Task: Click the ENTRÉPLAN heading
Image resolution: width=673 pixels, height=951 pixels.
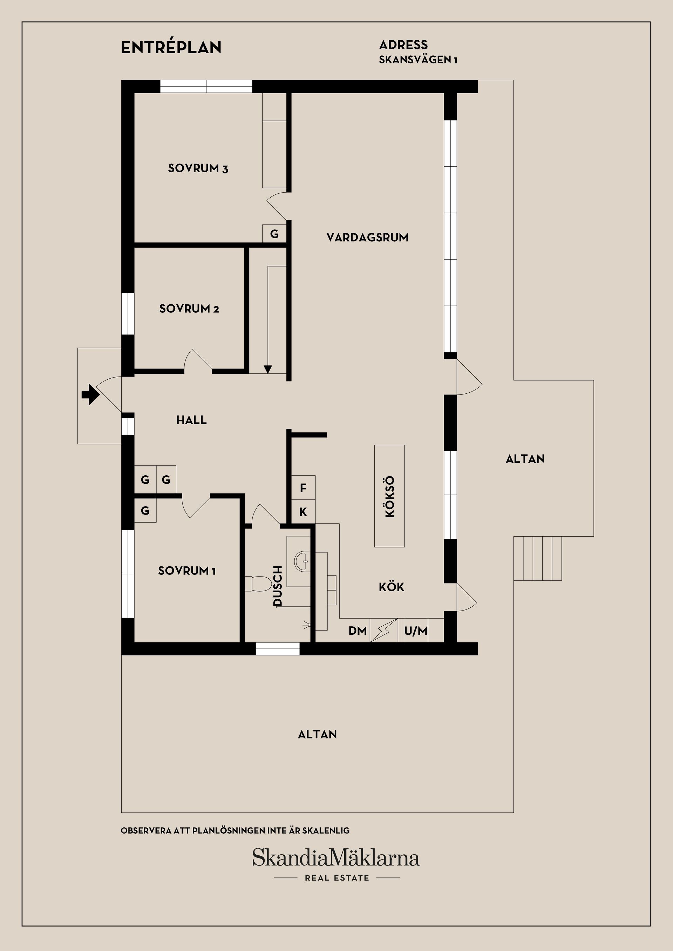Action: (x=171, y=47)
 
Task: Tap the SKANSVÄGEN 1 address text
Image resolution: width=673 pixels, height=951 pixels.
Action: (x=418, y=60)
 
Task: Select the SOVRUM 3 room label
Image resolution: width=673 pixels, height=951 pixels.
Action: (x=198, y=168)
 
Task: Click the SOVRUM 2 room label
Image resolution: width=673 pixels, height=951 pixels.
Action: (x=189, y=309)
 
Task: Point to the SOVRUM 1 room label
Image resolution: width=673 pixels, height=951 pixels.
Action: (x=187, y=571)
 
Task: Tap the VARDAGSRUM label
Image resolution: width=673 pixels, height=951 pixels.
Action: (x=367, y=237)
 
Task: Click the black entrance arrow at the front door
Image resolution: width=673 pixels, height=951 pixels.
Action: (x=90, y=395)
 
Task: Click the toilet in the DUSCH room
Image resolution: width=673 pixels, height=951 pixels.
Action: (x=254, y=584)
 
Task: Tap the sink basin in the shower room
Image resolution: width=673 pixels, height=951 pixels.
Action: (x=302, y=561)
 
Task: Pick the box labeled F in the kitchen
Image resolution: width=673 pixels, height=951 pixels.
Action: (x=303, y=488)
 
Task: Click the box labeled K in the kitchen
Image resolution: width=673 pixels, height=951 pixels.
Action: (x=303, y=512)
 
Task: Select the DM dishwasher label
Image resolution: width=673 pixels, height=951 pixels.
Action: (x=357, y=630)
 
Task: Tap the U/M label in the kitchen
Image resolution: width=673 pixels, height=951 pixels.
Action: (x=416, y=631)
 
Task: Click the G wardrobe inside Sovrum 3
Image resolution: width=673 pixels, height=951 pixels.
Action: (x=274, y=234)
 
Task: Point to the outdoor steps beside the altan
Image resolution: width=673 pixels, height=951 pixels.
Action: (x=537, y=558)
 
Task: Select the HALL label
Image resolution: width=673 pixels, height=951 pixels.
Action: (x=191, y=420)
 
